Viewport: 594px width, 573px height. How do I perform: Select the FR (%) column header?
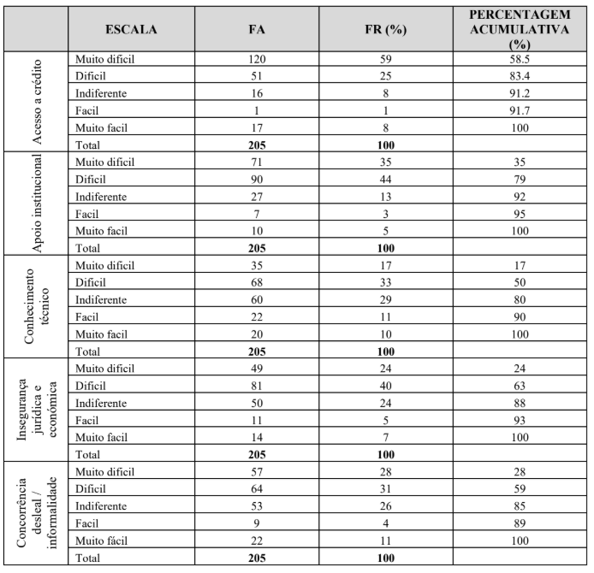(x=383, y=29)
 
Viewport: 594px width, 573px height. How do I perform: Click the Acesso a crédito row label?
(x=37, y=102)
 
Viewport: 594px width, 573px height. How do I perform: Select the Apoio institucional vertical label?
(x=37, y=204)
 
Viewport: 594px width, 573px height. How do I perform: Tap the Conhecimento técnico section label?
(x=37, y=306)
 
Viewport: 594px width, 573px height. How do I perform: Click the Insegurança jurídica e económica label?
(x=37, y=409)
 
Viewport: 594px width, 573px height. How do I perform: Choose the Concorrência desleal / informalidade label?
(x=37, y=511)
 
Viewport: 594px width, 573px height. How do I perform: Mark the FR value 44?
(x=383, y=180)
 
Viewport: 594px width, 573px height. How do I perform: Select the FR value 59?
(x=383, y=60)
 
